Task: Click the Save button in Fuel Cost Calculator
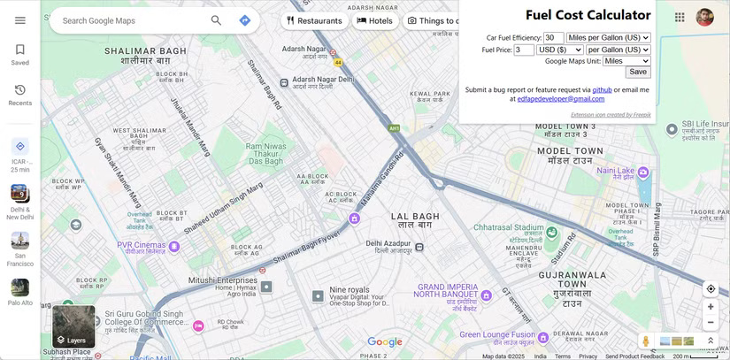(637, 72)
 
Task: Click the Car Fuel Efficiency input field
(553, 38)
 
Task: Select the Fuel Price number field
(524, 50)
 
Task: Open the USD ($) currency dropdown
(559, 50)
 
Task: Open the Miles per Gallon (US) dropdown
(608, 38)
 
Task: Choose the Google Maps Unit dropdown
(626, 61)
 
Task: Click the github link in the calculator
(602, 89)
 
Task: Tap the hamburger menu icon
(20, 20)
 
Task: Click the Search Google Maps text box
(133, 20)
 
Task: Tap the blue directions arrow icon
(245, 20)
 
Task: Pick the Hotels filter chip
(374, 20)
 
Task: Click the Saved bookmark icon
(20, 50)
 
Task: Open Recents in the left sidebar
(20, 90)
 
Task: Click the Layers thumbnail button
(73, 326)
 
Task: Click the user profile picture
(704, 18)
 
